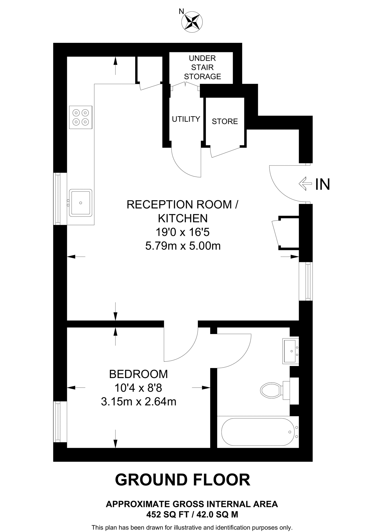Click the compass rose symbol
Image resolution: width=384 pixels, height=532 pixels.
coord(192,22)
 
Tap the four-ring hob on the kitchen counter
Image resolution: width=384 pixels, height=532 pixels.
coord(81,117)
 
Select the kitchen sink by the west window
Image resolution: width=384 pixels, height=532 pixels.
coord(80,203)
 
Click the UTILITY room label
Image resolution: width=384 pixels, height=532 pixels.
coord(186,119)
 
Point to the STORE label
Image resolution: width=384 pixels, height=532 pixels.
coord(225,121)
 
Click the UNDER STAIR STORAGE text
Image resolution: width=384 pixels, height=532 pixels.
coord(202,67)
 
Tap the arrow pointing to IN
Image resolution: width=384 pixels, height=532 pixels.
coord(305,184)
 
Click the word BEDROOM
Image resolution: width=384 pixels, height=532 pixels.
coord(138,374)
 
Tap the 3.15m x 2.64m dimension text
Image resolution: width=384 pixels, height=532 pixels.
coord(138,402)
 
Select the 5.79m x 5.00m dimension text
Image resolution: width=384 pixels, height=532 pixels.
coord(183,245)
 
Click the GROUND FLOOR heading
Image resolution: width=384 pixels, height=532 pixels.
coord(183,480)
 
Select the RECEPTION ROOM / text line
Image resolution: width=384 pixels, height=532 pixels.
coord(182,204)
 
